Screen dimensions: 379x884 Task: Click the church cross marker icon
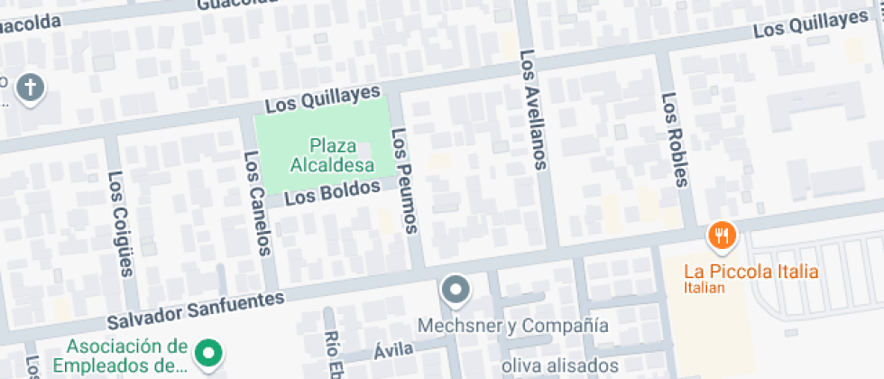point(32,88)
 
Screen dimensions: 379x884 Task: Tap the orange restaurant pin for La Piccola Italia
point(723,236)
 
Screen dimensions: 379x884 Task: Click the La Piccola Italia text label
point(750,272)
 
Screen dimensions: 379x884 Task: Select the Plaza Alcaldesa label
point(332,154)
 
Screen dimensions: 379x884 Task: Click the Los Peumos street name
point(405,180)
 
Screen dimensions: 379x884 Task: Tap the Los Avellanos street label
point(533,109)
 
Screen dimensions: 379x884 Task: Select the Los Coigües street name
point(121,222)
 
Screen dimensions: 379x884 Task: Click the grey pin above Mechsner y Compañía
point(456,290)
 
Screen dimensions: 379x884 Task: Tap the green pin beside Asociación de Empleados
point(209,353)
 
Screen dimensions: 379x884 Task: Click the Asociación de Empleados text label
point(126,356)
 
